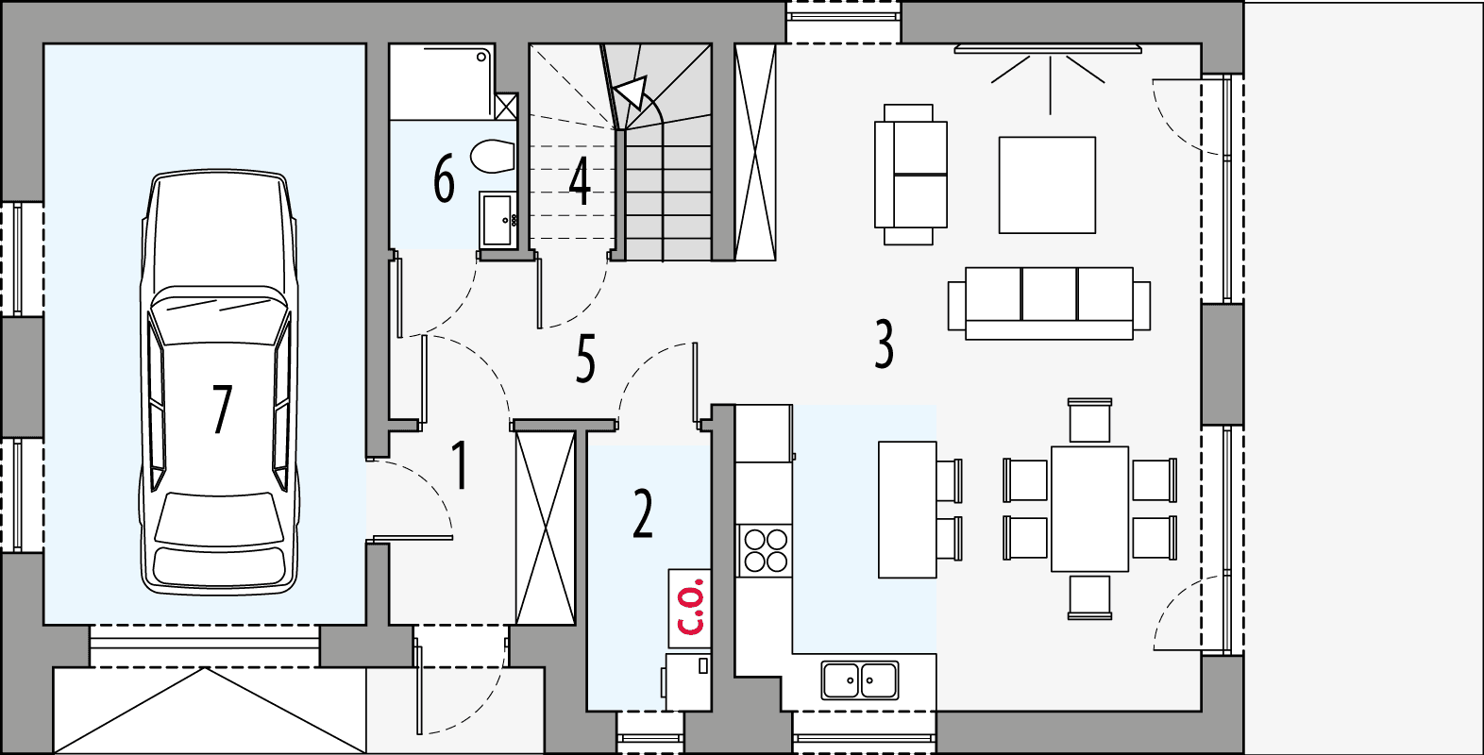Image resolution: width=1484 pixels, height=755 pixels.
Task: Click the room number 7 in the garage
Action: point(221,409)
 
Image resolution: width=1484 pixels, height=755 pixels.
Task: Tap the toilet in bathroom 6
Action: point(492,157)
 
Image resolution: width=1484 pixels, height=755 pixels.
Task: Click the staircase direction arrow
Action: point(631,93)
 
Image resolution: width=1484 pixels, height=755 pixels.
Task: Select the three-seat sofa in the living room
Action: point(1049,302)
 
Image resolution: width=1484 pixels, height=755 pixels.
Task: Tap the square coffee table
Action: point(1047,185)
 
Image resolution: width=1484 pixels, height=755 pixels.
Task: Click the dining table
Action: point(1089,509)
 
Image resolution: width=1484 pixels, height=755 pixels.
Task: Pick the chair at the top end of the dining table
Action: point(1089,421)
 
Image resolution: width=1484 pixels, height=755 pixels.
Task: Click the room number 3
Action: point(884,344)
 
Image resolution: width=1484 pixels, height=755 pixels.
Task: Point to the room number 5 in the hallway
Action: point(585,359)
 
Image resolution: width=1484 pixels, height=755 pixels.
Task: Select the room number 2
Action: point(643,514)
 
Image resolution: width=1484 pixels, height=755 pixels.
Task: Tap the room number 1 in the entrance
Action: point(460,464)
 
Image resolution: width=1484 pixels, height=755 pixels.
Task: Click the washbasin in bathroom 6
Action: point(497,219)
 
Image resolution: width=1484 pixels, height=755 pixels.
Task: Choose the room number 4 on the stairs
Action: point(580,181)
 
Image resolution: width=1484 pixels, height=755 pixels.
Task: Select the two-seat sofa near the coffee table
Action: point(910,175)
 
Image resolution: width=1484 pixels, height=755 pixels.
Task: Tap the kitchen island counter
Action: point(907,509)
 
